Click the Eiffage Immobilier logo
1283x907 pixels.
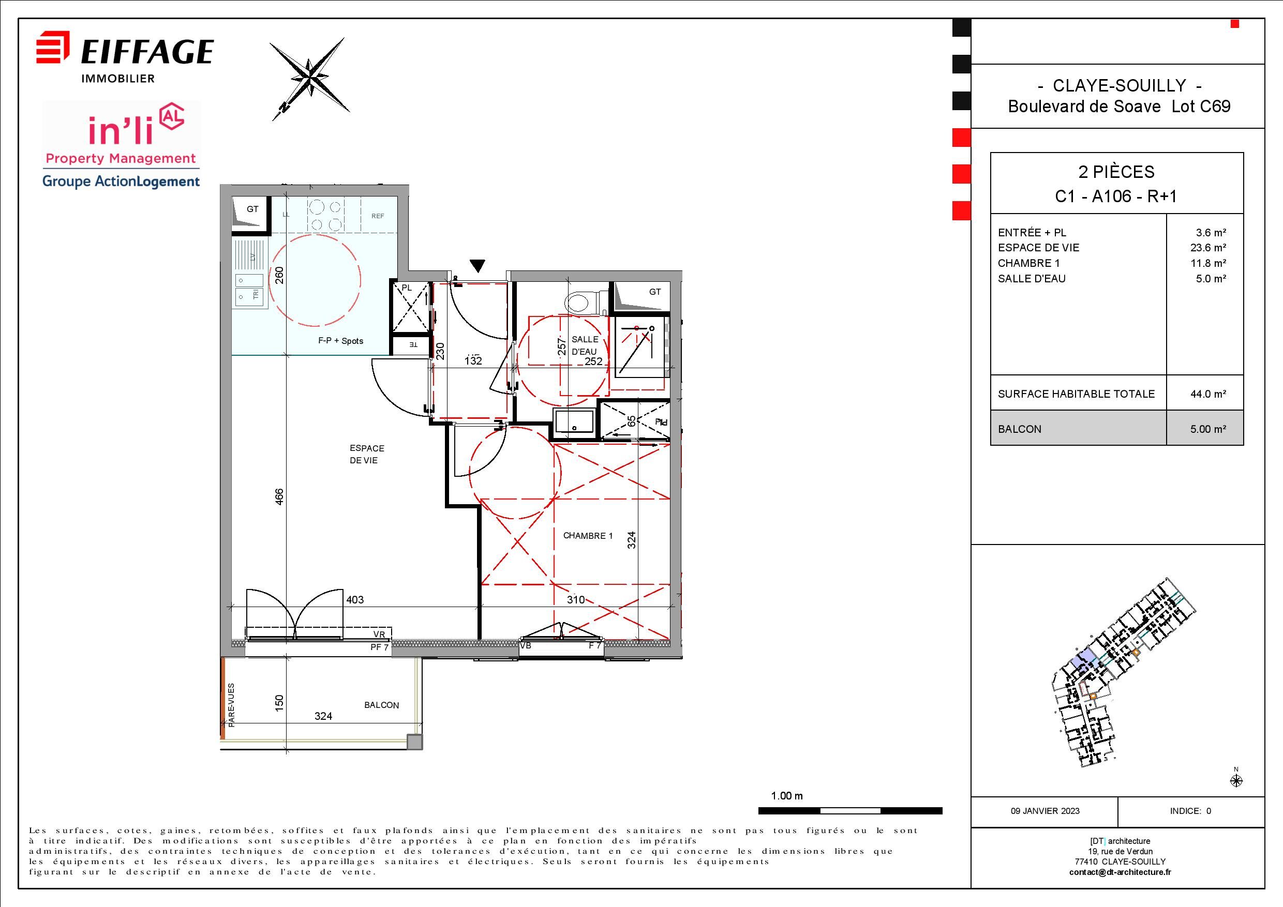tap(125, 57)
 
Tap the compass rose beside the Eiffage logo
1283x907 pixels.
tap(310, 79)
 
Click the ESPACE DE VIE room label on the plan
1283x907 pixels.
tap(367, 454)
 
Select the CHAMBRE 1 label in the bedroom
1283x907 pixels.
tap(588, 536)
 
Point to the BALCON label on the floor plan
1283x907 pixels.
tap(382, 705)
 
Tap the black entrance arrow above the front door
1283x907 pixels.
tap(477, 266)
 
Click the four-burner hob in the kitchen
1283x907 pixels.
tap(326, 216)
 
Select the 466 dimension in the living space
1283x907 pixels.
tap(279, 496)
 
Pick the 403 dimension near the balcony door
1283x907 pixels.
tap(355, 600)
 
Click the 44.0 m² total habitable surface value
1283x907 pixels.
tap(1208, 394)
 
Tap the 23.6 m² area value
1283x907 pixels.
tap(1208, 247)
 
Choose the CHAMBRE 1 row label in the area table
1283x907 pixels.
tap(1029, 263)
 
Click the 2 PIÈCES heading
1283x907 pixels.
tap(1116, 172)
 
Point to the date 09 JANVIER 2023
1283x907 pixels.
tap(1045, 811)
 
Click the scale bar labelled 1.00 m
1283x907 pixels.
tap(850, 811)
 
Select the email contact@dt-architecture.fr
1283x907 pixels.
tap(1120, 872)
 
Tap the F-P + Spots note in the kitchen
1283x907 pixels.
tap(341, 341)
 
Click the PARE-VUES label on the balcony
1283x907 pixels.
tap(231, 705)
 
